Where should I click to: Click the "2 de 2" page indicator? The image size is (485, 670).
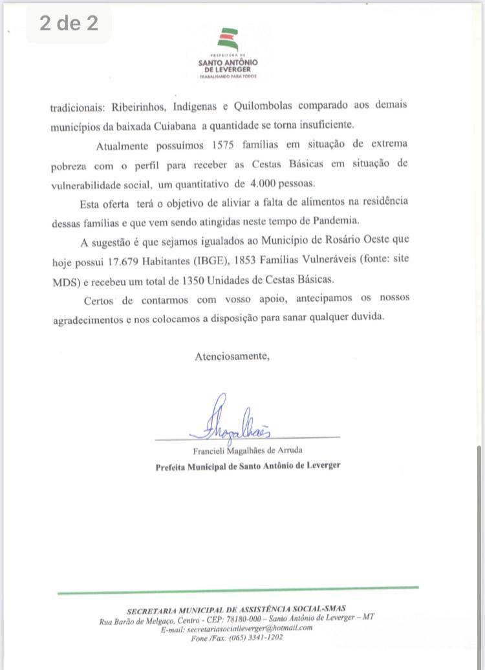[x=69, y=24]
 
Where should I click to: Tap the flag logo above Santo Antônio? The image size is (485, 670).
[x=228, y=40]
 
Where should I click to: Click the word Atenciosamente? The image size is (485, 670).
[x=232, y=355]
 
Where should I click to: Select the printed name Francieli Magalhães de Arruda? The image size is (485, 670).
[x=248, y=450]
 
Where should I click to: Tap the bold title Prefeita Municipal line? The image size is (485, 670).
[x=248, y=465]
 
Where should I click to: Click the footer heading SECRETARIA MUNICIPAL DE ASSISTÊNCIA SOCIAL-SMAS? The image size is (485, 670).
[x=237, y=608]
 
